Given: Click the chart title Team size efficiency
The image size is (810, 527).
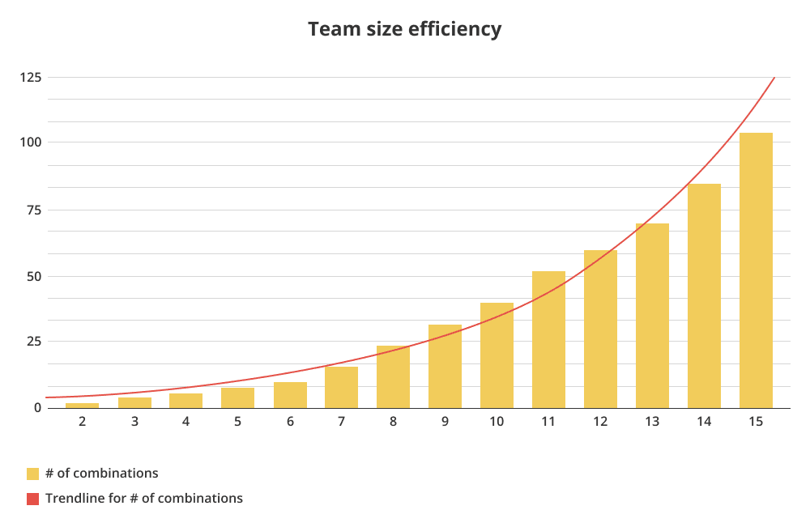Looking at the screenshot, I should (x=404, y=30).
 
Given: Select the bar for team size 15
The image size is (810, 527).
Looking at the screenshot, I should (x=756, y=270).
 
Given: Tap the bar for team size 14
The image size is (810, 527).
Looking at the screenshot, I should (x=704, y=295).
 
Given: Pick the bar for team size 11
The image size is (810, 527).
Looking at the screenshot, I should (x=548, y=339).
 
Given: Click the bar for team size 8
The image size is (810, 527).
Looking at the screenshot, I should (x=393, y=376).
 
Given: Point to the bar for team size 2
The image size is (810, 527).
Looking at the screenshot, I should (x=82, y=405).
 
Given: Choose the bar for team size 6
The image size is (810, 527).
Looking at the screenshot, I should (x=289, y=395).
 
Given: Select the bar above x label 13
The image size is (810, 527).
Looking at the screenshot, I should (x=652, y=316).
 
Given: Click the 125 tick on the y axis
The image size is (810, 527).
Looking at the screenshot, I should (x=32, y=78).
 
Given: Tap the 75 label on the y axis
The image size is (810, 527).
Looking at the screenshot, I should (x=32, y=210).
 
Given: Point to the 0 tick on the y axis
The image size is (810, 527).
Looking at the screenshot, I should (x=36, y=408).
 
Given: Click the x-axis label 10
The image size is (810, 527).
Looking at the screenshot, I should (x=497, y=422).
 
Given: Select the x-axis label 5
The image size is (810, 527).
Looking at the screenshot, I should (x=237, y=422).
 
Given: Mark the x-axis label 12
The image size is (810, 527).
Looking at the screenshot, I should (x=600, y=422).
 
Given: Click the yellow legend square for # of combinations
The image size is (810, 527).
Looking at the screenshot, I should (x=32, y=474).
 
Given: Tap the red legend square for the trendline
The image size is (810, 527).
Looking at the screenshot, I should (x=32, y=499).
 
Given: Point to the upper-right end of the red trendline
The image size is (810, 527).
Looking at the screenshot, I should (x=774, y=79).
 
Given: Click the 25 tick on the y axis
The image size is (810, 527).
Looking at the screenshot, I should (x=32, y=342).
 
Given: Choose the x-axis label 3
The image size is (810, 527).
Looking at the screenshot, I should (x=134, y=422).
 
